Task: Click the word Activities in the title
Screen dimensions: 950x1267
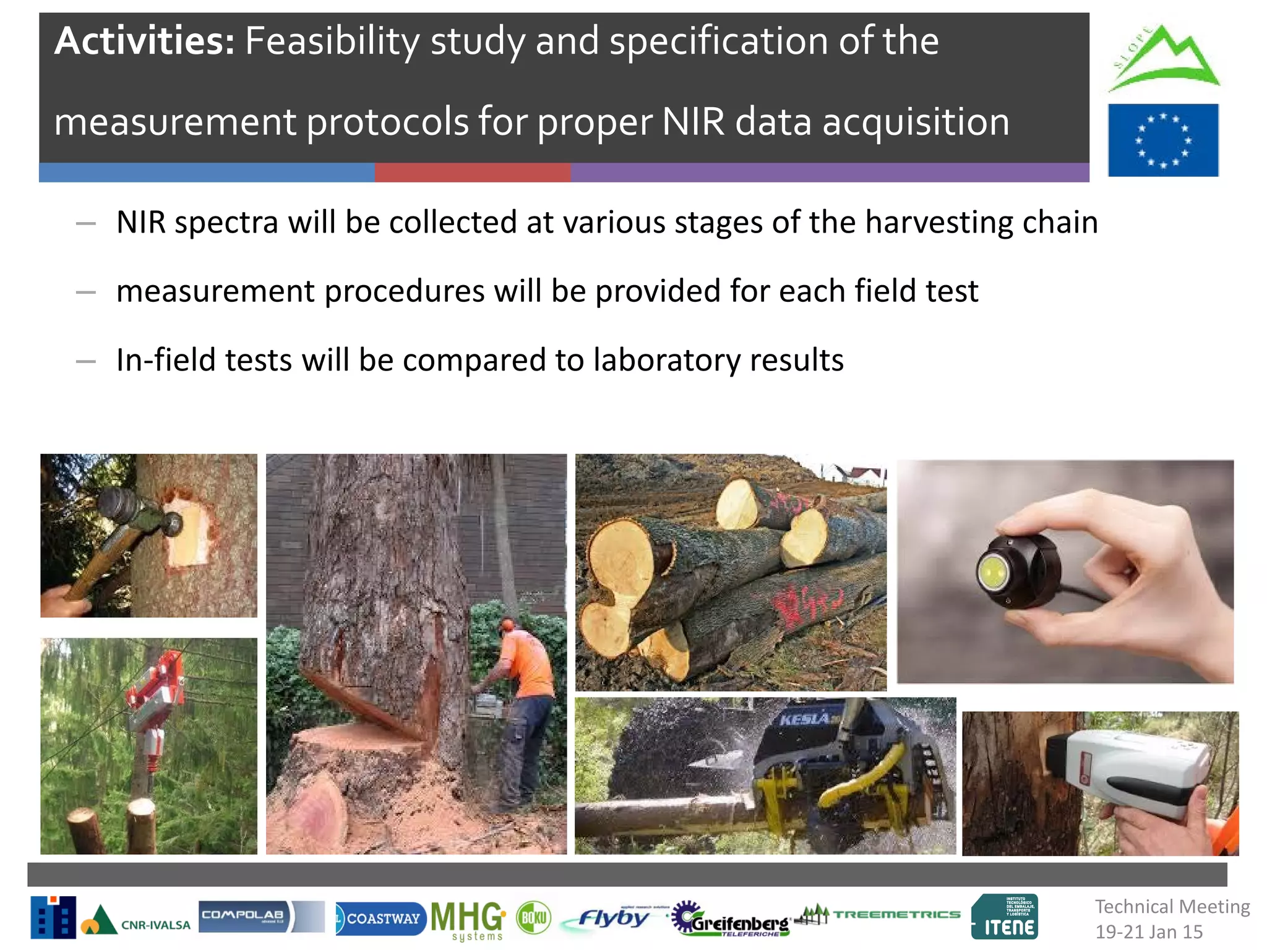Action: [144, 41]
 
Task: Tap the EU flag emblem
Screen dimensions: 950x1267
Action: [1162, 140]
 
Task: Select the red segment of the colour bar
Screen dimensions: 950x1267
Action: [472, 173]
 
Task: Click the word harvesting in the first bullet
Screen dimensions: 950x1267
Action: [938, 223]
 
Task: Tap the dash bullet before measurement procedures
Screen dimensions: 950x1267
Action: [85, 292]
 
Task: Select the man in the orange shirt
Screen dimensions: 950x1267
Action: [523, 699]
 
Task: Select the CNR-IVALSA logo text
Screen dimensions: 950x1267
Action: [155, 925]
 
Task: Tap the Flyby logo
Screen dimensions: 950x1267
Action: [612, 918]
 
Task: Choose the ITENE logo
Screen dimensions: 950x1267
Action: [1005, 918]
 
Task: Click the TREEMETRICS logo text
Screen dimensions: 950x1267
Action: [896, 914]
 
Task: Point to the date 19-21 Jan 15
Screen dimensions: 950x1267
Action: [1148, 932]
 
